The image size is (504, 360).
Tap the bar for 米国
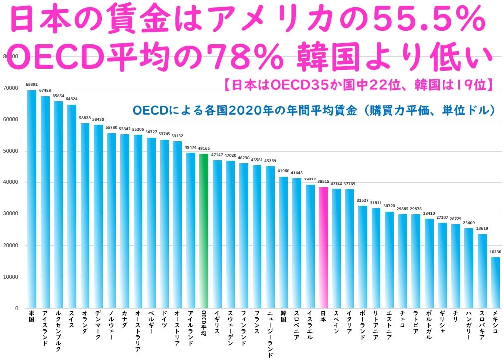coord(31,199)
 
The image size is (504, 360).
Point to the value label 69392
coord(31,85)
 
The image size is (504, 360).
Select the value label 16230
coord(495,252)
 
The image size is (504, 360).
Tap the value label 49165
coord(203,149)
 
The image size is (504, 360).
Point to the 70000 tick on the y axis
coord(10,88)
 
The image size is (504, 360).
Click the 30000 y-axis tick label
coord(10,214)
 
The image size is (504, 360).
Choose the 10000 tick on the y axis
coord(10,277)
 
